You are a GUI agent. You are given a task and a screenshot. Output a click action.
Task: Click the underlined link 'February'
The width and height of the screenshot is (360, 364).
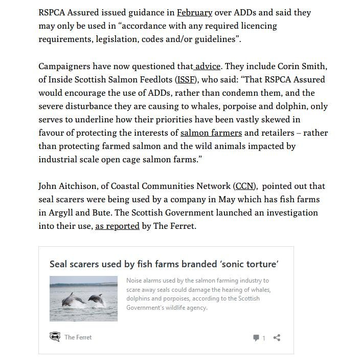(194, 12)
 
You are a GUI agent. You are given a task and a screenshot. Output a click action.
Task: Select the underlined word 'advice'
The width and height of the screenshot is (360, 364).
(208, 66)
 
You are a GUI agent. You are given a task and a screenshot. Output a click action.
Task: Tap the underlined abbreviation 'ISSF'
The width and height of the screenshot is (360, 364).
(185, 79)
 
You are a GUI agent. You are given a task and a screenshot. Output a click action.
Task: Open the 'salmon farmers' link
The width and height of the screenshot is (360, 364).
(211, 133)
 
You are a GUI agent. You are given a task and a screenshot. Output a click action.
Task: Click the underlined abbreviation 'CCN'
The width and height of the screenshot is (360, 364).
(245, 186)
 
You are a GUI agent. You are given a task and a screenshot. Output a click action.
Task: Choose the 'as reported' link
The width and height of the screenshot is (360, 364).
(117, 226)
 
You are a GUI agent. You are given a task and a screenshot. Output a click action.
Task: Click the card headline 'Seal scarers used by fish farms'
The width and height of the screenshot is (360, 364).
(164, 264)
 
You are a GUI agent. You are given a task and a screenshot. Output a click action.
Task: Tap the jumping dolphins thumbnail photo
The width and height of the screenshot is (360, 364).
(83, 299)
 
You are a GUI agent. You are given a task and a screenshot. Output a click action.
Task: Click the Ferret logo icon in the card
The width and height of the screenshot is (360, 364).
(55, 337)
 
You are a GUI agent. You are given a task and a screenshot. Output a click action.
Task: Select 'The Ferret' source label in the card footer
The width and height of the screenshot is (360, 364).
(78, 337)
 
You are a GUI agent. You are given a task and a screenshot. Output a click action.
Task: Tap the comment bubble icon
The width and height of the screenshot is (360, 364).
(256, 338)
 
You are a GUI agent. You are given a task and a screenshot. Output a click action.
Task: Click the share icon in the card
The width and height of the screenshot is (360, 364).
(277, 337)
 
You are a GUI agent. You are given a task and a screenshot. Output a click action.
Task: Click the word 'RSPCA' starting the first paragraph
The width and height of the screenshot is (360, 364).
(54, 12)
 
